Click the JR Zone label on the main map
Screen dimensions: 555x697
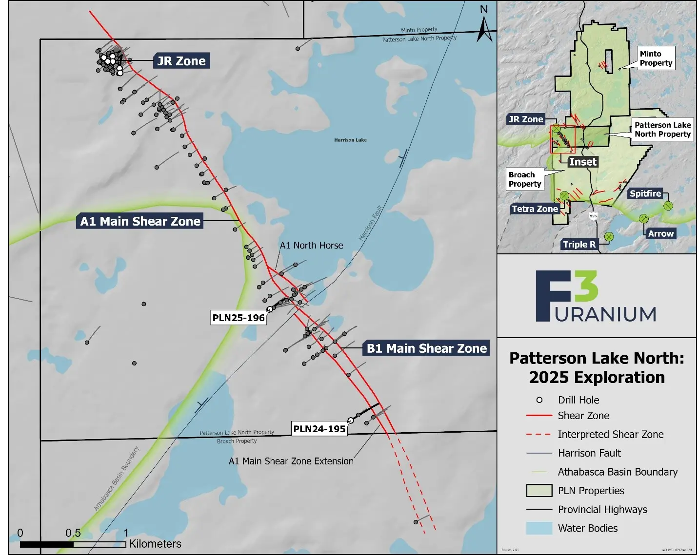coord(181,61)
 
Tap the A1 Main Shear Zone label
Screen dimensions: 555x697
coord(140,221)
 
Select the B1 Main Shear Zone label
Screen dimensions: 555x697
coord(426,348)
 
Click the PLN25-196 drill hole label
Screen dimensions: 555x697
coord(239,318)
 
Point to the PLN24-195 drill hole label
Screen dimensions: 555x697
coord(319,429)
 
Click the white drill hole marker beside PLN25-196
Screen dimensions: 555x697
coord(270,309)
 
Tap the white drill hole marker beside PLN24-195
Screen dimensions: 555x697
coord(351,421)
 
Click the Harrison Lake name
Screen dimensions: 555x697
coord(350,140)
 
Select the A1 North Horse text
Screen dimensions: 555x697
coord(311,245)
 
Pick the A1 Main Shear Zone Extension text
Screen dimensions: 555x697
coord(291,461)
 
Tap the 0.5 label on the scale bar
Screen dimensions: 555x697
coord(73,533)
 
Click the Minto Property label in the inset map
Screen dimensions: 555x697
coord(656,58)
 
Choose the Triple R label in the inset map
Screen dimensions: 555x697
coord(579,245)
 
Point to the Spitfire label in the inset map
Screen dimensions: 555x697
coord(645,193)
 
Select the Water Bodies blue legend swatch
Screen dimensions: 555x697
coord(539,528)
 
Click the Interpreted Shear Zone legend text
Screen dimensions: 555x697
coord(611,434)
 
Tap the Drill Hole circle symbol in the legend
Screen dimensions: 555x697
coord(539,400)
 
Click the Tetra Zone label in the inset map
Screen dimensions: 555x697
coord(535,209)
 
